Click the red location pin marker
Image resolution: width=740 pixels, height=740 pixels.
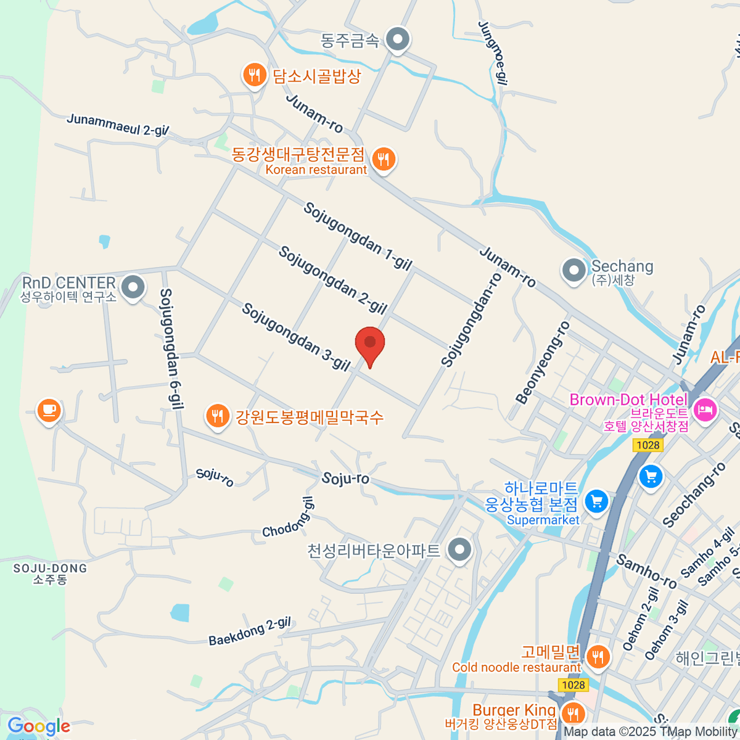(370, 344)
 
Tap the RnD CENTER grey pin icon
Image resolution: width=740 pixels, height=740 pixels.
(133, 287)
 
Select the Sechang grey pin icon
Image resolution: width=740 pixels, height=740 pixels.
(574, 271)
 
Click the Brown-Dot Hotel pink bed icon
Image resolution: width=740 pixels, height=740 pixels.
(705, 409)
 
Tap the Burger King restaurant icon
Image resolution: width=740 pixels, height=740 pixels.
(574, 713)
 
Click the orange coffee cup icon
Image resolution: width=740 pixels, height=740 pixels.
(49, 410)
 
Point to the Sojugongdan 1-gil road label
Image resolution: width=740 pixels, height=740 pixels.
(358, 237)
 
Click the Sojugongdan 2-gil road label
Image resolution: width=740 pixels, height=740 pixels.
(332, 280)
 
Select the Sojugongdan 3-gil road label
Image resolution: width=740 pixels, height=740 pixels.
(295, 337)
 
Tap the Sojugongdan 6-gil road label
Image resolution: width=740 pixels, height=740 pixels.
(172, 348)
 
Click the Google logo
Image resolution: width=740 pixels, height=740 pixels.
(39, 726)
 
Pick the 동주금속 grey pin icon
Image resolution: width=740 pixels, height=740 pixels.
(398, 39)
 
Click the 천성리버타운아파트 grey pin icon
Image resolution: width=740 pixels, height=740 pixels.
(459, 549)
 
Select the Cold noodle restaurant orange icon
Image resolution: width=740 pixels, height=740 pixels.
(597, 656)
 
